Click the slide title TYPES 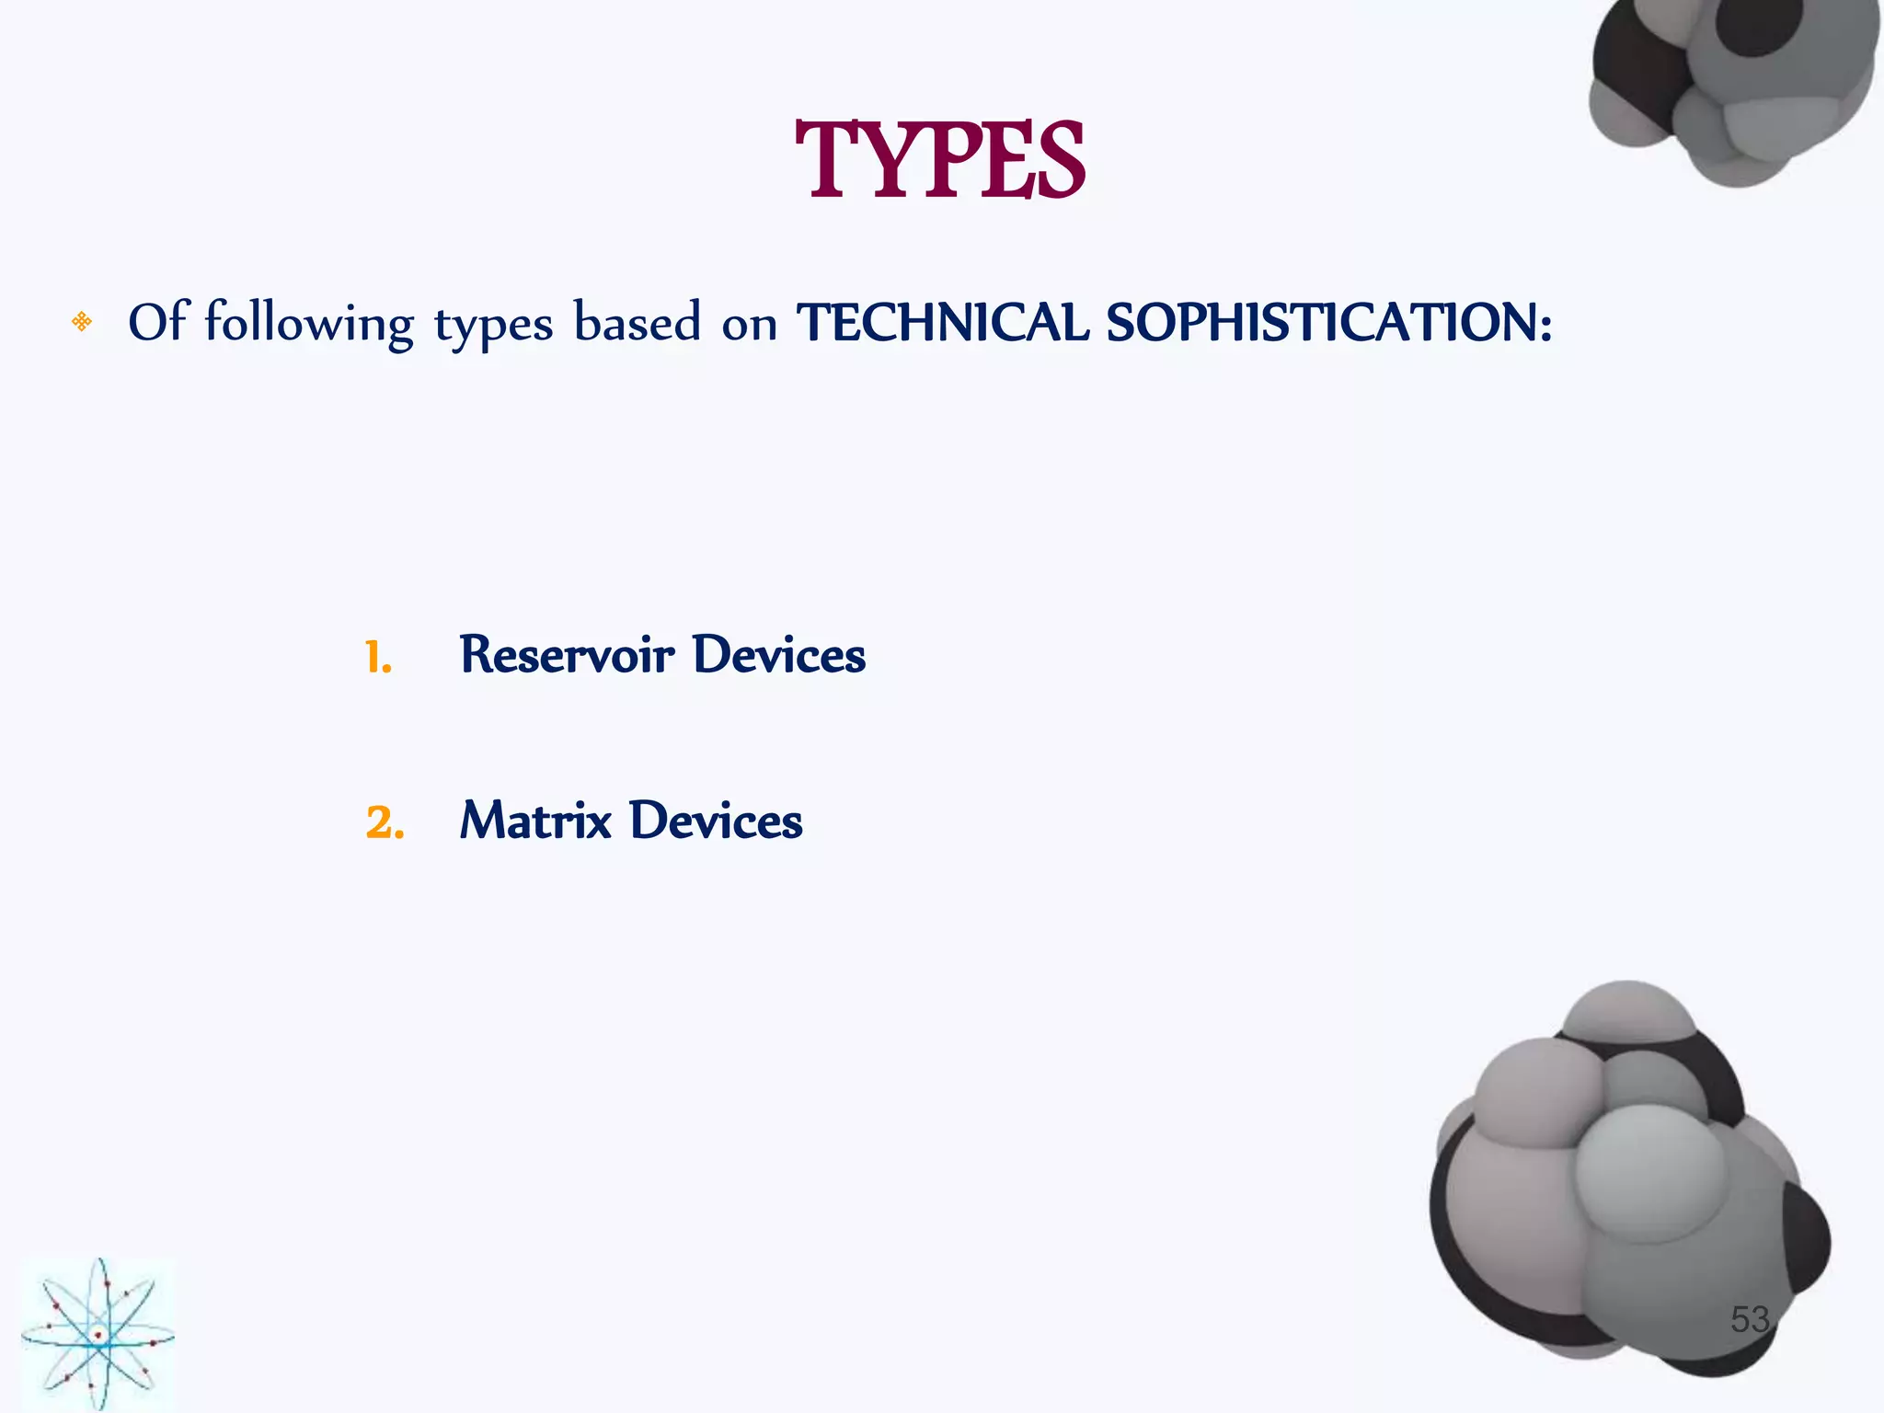(939, 162)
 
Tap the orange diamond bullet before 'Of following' (82, 322)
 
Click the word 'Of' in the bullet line (158, 322)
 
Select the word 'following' (309, 324)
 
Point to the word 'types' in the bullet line (493, 326)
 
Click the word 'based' (637, 322)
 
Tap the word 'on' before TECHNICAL (749, 326)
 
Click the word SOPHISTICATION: (1328, 323)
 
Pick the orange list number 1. (378, 658)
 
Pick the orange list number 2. (385, 822)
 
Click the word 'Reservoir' (567, 655)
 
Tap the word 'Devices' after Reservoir (778, 655)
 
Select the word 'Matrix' (535, 821)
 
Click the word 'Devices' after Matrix (716, 821)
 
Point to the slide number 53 (1749, 1319)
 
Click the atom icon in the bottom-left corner (98, 1334)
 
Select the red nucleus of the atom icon (98, 1334)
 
